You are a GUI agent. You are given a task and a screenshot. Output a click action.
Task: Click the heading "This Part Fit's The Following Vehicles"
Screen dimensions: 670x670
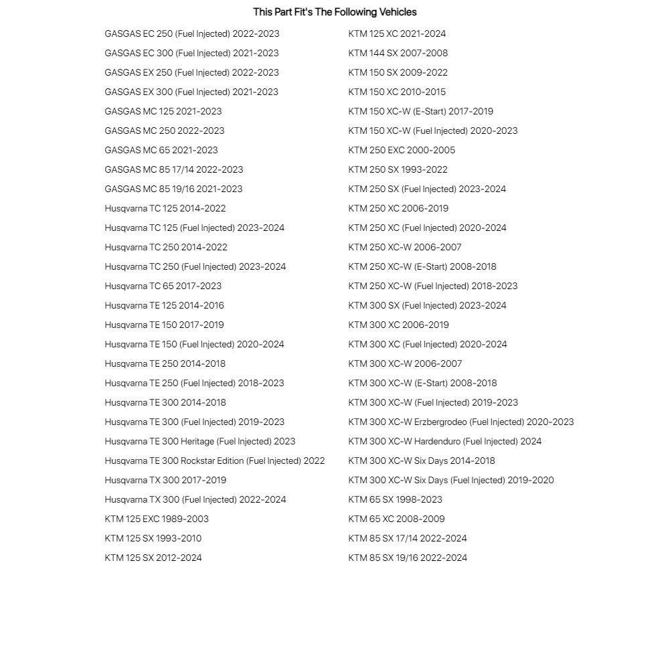click(335, 12)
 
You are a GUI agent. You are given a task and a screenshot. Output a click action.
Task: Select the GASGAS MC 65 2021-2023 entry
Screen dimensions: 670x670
click(161, 150)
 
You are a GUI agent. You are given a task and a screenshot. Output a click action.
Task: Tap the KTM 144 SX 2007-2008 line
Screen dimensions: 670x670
click(398, 53)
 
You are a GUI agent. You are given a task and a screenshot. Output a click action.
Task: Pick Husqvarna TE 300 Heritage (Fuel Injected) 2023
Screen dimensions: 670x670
click(199, 441)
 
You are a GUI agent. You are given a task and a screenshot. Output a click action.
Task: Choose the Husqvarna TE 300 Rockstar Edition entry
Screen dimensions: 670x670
click(214, 460)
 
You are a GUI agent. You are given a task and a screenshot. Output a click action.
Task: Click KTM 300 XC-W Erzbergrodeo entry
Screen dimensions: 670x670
click(460, 422)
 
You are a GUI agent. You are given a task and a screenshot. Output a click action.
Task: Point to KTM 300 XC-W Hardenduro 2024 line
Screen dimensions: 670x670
click(444, 441)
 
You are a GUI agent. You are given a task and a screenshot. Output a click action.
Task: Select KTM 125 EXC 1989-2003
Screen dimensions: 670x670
click(156, 519)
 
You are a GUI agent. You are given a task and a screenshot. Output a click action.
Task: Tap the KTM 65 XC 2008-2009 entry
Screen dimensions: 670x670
click(396, 519)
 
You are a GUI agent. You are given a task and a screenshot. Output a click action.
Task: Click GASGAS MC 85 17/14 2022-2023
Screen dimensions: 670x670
click(173, 169)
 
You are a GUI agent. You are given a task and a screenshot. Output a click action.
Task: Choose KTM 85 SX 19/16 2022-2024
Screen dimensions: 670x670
click(408, 558)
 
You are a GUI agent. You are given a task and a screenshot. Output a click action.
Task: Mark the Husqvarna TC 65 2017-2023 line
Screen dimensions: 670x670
click(163, 286)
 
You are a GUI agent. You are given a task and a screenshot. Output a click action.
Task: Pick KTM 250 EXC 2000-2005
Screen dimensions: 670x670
click(402, 150)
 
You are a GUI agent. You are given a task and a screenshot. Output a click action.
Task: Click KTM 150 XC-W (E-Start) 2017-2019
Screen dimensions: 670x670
click(420, 111)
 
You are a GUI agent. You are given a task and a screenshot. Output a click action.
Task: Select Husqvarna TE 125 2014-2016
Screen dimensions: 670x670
click(164, 305)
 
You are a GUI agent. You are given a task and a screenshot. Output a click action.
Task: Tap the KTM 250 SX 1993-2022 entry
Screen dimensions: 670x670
click(398, 169)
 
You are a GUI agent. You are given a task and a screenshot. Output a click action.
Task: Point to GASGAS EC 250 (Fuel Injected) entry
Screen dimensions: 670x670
click(191, 33)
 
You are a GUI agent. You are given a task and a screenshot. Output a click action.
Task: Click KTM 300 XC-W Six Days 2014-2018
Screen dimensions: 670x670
click(422, 460)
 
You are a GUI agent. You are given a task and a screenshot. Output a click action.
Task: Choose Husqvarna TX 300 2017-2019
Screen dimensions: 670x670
click(165, 480)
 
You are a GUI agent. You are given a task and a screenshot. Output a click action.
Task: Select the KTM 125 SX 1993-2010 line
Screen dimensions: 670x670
click(153, 538)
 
